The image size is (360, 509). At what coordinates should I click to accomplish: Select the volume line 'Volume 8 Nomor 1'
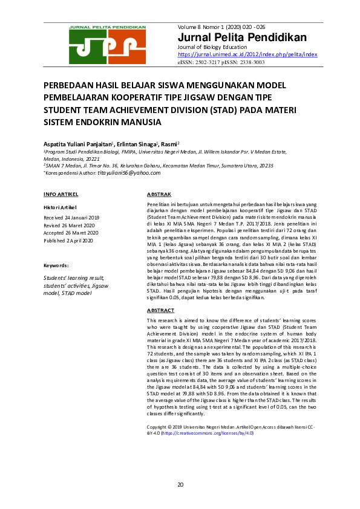pyautogui.click(x=222, y=27)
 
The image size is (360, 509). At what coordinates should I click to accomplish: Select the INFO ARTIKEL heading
pyautogui.click(x=61, y=194)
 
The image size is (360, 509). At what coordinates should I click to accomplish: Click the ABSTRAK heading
pyautogui.click(x=159, y=194)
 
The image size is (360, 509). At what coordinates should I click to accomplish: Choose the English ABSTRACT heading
pyautogui.click(x=160, y=310)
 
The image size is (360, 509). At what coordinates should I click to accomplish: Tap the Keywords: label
pyautogui.click(x=56, y=265)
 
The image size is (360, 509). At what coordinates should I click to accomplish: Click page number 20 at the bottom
pyautogui.click(x=180, y=485)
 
